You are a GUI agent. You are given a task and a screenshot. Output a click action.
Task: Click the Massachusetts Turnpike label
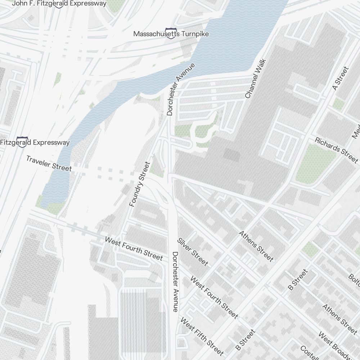click(171, 34)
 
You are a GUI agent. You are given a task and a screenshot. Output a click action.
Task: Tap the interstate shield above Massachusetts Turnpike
click(171, 31)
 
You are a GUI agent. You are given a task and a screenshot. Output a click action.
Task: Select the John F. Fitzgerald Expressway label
click(59, 4)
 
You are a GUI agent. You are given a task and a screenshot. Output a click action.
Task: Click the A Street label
click(341, 78)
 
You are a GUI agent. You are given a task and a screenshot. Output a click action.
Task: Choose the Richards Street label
click(336, 150)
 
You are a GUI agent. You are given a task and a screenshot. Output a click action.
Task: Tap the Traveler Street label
click(49, 163)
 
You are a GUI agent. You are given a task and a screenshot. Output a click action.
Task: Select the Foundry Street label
click(139, 184)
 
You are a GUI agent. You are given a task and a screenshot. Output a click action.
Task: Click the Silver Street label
click(192, 252)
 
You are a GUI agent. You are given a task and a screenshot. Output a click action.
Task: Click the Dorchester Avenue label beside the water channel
click(181, 89)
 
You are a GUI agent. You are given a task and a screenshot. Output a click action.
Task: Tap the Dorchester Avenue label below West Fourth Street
click(175, 282)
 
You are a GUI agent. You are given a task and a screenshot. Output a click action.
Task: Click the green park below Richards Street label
click(312, 164)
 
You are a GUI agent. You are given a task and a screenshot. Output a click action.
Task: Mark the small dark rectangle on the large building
click(231, 155)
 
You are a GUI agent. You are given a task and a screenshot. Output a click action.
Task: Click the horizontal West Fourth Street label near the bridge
click(134, 248)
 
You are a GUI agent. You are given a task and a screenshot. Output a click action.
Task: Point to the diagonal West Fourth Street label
click(214, 297)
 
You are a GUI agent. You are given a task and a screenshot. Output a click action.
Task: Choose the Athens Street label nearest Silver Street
click(256, 246)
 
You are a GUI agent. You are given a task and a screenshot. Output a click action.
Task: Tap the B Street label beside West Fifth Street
click(245, 339)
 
